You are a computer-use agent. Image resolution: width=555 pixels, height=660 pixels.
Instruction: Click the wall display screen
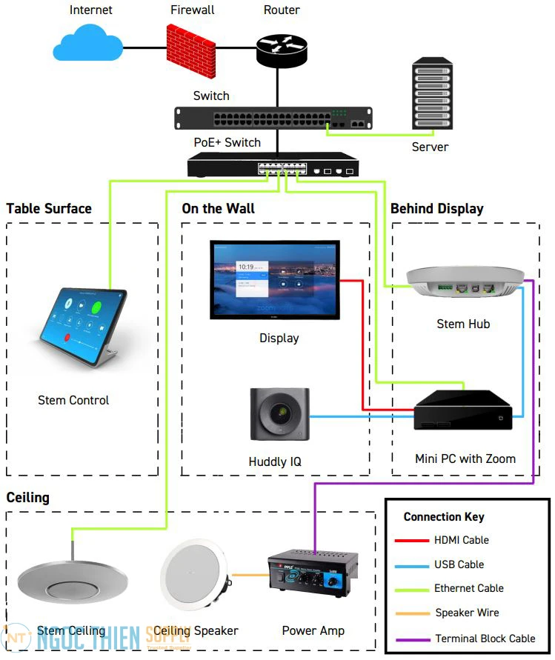pos(275,279)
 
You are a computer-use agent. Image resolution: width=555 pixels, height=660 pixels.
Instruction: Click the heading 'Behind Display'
pos(436,209)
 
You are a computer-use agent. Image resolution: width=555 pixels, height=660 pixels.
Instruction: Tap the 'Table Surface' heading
pos(49,209)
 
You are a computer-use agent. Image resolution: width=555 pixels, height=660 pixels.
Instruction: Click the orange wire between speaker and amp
pos(249,575)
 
